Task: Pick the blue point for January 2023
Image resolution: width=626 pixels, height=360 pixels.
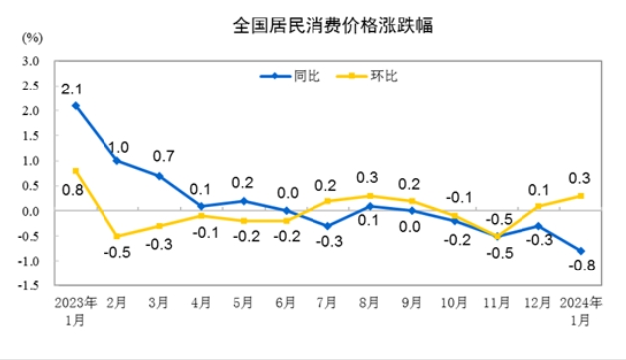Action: [x=76, y=105]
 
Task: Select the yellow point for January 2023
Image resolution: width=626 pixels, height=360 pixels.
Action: [x=76, y=170]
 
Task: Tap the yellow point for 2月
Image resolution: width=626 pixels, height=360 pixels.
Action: [x=118, y=236]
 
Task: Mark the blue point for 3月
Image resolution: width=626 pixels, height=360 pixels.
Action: [x=160, y=176]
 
